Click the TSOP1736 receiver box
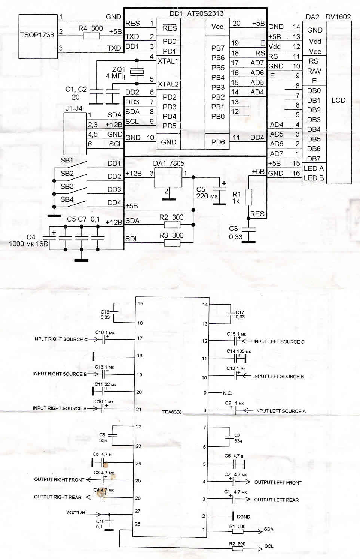pos(38,36)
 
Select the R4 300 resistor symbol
pos(91,36)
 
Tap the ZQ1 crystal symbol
pos(137,71)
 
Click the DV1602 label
pos(338,17)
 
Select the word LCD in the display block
pos(338,100)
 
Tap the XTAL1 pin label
pos(168,61)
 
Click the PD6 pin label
pos(218,142)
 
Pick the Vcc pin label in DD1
pos(217,27)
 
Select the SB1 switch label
pos(67,160)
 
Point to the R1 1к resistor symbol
pos(248,197)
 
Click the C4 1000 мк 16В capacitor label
pos(28,240)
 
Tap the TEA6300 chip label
pos(172,412)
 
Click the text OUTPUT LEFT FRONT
pos(278,482)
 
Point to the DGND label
pos(243,517)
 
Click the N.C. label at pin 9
pos(227,393)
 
